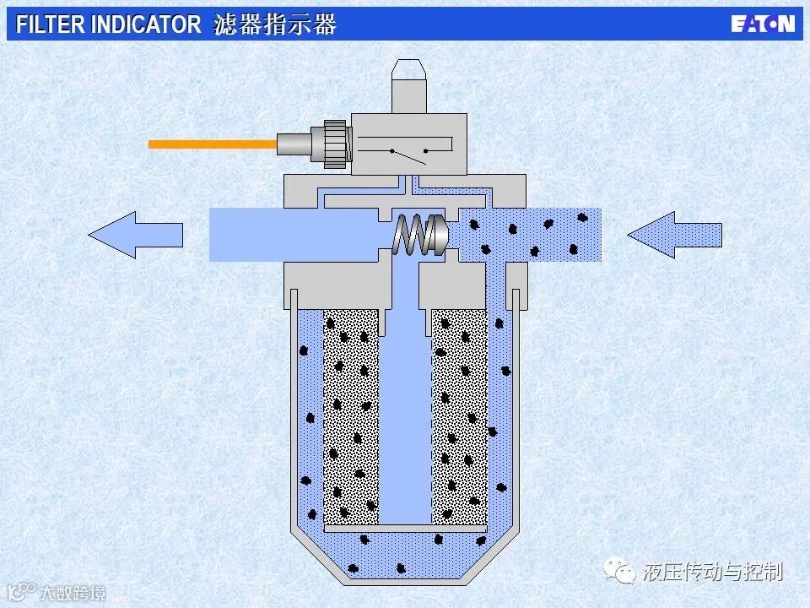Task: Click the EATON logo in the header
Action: tap(763, 24)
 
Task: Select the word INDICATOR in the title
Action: tap(146, 24)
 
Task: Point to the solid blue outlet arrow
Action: tap(135, 234)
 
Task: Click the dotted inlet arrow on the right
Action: tap(674, 234)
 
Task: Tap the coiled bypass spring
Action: tap(410, 235)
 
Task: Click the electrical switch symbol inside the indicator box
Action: tap(409, 153)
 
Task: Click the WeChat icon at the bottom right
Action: tap(625, 573)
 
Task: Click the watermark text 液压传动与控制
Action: tap(713, 573)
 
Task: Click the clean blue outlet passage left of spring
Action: tap(295, 234)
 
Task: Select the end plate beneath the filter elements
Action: tap(405, 528)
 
